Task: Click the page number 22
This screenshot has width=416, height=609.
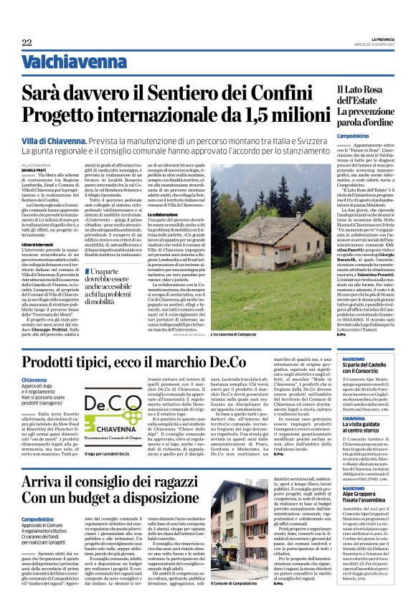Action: tap(27, 43)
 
